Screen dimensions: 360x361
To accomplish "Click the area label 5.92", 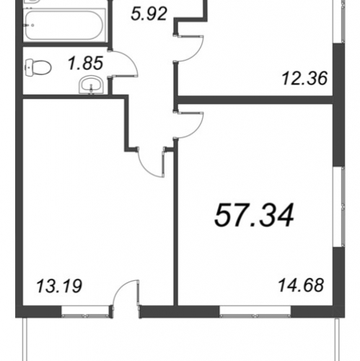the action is pyautogui.click(x=149, y=14).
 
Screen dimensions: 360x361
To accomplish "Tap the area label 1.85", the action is pyautogui.click(x=86, y=64).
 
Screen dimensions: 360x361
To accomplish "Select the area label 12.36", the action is pyautogui.click(x=304, y=79).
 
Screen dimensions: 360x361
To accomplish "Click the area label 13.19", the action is pyautogui.click(x=59, y=286).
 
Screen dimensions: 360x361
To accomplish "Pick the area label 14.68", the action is pyautogui.click(x=301, y=285).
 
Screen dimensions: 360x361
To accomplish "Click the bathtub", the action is pyautogui.click(x=64, y=25).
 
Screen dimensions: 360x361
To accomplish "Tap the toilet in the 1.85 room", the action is pyautogui.click(x=38, y=67).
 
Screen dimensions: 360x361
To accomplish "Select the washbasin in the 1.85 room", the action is pyautogui.click(x=91, y=85).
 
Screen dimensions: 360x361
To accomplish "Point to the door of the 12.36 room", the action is pyautogui.click(x=190, y=49).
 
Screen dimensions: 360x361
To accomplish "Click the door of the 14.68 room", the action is pyautogui.click(x=190, y=125).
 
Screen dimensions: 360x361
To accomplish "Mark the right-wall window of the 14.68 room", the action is pyautogui.click(x=339, y=206).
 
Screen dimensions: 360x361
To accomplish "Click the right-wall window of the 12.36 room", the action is pyautogui.click(x=339, y=22).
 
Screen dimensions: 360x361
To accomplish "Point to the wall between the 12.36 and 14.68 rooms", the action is pyautogui.click(x=254, y=100).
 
